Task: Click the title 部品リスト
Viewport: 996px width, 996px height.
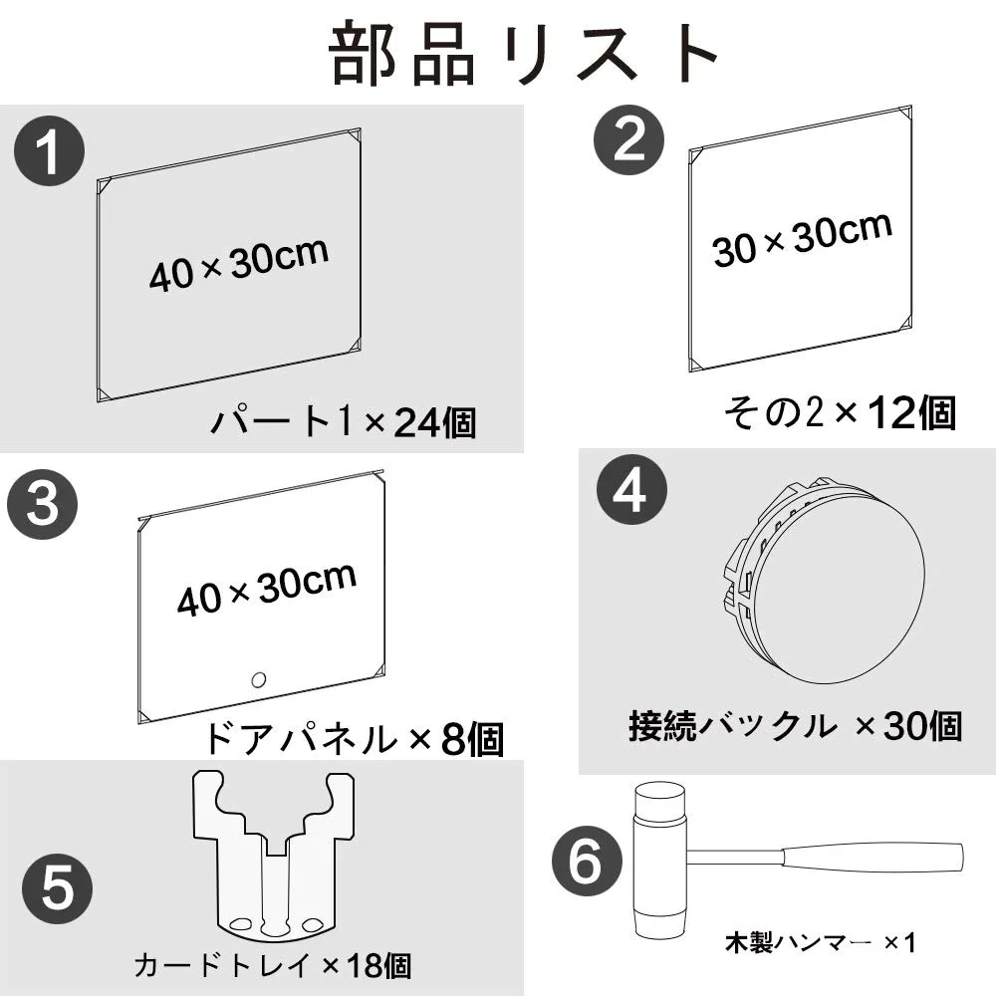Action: coord(524,54)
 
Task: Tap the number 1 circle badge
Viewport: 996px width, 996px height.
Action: coord(50,151)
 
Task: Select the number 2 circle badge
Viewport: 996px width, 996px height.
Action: coord(628,139)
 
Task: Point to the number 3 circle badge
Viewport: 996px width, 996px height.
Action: coord(43,504)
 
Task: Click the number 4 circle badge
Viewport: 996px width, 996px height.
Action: coord(632,490)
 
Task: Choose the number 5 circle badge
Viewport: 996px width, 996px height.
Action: coord(57,888)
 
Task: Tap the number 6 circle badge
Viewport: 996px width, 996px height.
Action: coord(587,862)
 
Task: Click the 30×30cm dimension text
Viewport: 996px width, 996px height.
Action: coord(802,239)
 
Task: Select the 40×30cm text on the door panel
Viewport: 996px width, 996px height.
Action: coord(267,590)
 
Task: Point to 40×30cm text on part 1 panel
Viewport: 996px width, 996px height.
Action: coord(239,265)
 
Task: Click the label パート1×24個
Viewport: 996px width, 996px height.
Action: coord(343,421)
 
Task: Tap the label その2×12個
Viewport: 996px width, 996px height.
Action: coord(841,413)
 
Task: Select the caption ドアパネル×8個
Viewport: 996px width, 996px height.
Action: coord(354,738)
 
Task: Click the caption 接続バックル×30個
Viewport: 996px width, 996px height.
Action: coord(795,725)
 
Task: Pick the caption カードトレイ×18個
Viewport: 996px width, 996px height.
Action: coord(273,965)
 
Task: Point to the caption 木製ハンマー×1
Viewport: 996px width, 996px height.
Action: coord(820,942)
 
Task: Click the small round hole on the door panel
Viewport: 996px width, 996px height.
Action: coord(258,680)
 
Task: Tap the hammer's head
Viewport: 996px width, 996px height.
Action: coord(659,861)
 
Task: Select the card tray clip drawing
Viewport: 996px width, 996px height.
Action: coord(273,855)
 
